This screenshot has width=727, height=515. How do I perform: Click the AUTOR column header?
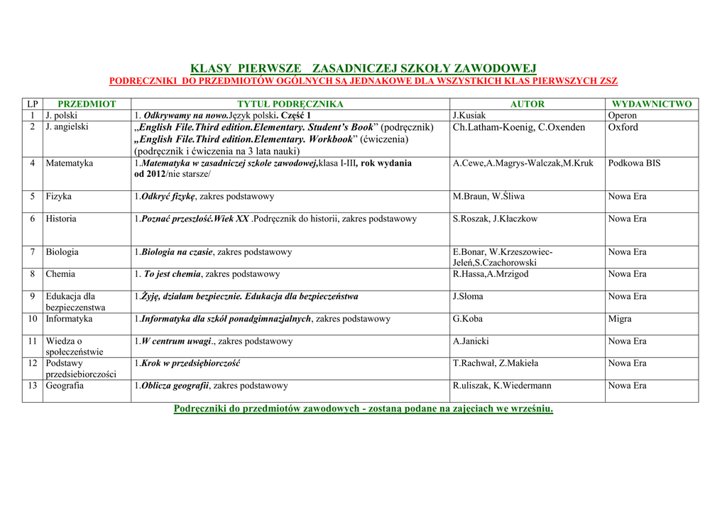528,104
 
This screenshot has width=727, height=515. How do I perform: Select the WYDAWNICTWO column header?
652,104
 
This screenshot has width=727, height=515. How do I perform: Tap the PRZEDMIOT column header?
87,104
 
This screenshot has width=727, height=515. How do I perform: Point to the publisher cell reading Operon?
623,115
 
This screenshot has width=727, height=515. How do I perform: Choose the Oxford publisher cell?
623,127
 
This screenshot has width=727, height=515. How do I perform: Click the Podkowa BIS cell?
634,163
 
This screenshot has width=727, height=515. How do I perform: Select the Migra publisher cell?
620,319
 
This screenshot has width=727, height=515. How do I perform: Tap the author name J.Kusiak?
469,115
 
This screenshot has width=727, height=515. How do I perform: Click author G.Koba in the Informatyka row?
468,319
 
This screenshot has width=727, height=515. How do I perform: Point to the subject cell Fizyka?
59,196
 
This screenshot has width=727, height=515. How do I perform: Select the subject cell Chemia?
60,273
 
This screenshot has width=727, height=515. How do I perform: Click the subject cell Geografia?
65,386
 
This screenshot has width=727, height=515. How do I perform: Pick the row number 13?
33,386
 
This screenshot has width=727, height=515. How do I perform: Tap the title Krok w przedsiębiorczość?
190,363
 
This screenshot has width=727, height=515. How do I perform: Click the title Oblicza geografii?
175,386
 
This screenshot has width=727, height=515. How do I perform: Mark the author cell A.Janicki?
471,341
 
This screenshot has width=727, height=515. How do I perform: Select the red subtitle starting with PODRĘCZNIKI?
363,81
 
